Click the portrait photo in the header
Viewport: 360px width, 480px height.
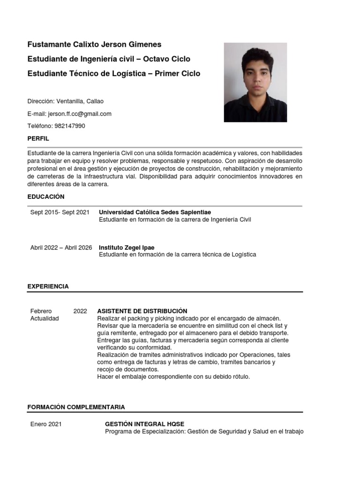pos(255,82)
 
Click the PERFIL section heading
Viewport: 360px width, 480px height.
pos(38,139)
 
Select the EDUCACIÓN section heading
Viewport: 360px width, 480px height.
pos(46,196)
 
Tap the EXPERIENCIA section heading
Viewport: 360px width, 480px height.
pos(48,286)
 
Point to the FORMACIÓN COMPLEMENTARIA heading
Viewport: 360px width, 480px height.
pos(76,407)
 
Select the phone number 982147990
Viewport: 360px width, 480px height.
pos(70,126)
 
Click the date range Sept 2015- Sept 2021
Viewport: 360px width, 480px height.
pos(60,212)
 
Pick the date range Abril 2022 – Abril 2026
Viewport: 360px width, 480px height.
pos(61,247)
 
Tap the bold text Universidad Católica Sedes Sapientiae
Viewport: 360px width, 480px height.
pos(155,212)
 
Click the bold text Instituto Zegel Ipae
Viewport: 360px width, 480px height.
pos(126,247)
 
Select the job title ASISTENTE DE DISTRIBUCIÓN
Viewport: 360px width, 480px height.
pos(142,311)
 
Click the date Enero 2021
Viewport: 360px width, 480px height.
pos(46,424)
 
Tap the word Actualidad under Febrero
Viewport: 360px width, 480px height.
pos(45,318)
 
